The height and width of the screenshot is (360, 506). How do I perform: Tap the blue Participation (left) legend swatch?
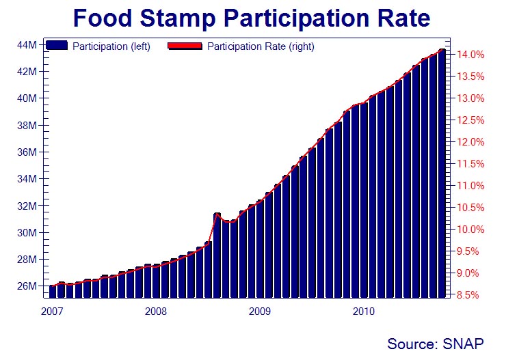click(57, 46)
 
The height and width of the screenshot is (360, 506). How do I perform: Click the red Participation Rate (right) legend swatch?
click(184, 46)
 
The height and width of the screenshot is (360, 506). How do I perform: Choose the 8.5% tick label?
click(472, 295)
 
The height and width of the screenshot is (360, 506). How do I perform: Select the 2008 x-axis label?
click(155, 311)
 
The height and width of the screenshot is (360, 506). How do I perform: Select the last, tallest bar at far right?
click(442, 174)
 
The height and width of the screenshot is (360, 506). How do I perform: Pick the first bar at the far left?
click(52, 292)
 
